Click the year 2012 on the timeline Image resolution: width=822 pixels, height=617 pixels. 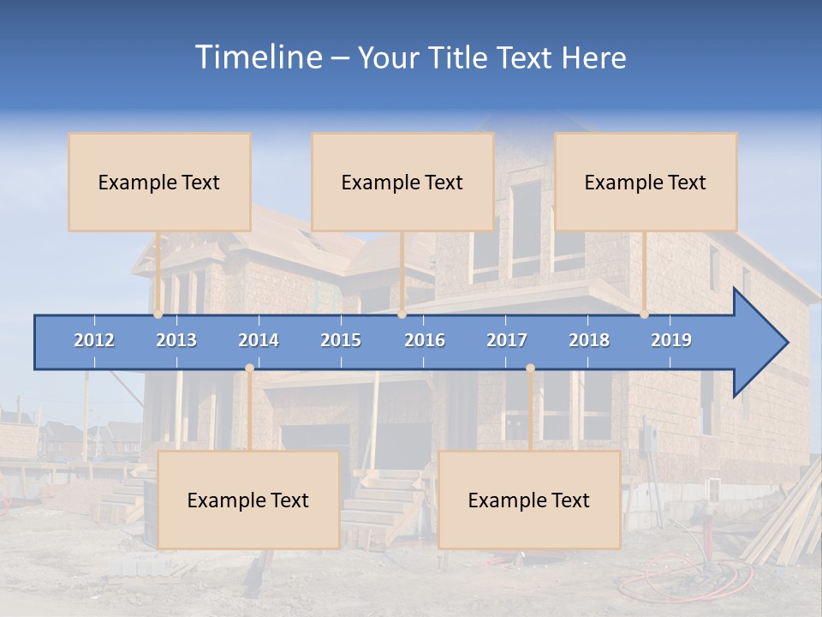(94, 340)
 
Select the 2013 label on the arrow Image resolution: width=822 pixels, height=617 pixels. (176, 340)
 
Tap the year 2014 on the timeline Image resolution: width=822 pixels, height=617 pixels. (259, 340)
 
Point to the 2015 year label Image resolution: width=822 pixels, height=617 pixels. (341, 340)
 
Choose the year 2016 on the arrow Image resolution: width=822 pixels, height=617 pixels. (425, 340)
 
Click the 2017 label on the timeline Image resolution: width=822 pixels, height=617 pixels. (507, 340)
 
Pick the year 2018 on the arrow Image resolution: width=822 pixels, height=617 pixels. (589, 340)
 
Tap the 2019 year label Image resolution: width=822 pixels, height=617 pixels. (671, 340)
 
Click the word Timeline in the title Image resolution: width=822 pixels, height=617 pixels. (258, 57)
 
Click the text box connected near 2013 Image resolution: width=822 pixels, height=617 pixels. (159, 182)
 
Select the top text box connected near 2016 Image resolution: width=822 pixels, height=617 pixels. (402, 182)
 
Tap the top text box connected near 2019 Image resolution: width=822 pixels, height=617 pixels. (646, 182)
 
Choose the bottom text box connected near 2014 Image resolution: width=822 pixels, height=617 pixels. (248, 500)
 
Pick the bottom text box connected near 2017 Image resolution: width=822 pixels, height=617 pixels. (529, 500)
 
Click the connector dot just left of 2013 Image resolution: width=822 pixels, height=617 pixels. (158, 314)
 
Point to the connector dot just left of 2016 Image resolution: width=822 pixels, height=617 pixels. (402, 314)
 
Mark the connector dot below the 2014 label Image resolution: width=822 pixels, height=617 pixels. (249, 368)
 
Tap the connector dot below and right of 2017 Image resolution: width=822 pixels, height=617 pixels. (530, 368)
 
